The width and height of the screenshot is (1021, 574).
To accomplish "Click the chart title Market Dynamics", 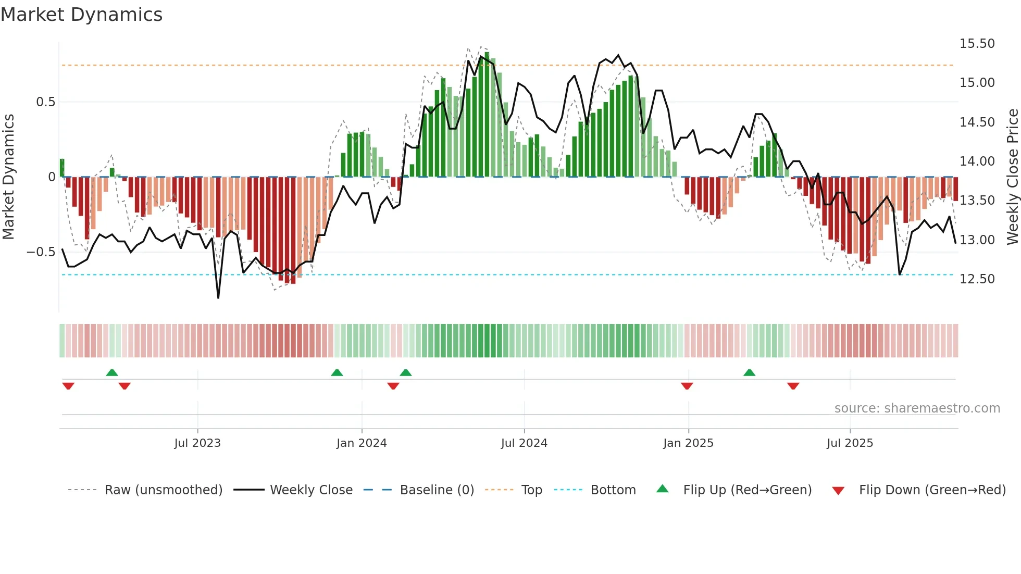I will [82, 15].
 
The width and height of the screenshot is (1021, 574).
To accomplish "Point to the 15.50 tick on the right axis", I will [977, 44].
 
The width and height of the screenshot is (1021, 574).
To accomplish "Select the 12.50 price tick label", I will [977, 279].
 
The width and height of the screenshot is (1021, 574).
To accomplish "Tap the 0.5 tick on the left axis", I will [45, 102].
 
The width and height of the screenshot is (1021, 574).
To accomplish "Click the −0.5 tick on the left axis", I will [41, 252].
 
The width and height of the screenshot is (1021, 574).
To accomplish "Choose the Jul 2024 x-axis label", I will [524, 443].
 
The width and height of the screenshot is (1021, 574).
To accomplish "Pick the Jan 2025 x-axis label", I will [688, 443].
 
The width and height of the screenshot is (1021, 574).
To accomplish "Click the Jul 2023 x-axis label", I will [197, 443].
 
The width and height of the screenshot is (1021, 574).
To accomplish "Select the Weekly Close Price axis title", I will [1012, 177].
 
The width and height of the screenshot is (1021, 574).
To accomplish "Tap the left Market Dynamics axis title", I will [8, 177].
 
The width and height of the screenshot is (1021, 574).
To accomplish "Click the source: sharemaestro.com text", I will [917, 408].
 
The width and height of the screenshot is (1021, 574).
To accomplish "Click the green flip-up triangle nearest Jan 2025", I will [749, 372].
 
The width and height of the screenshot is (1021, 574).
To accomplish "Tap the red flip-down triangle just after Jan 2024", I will [393, 386].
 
